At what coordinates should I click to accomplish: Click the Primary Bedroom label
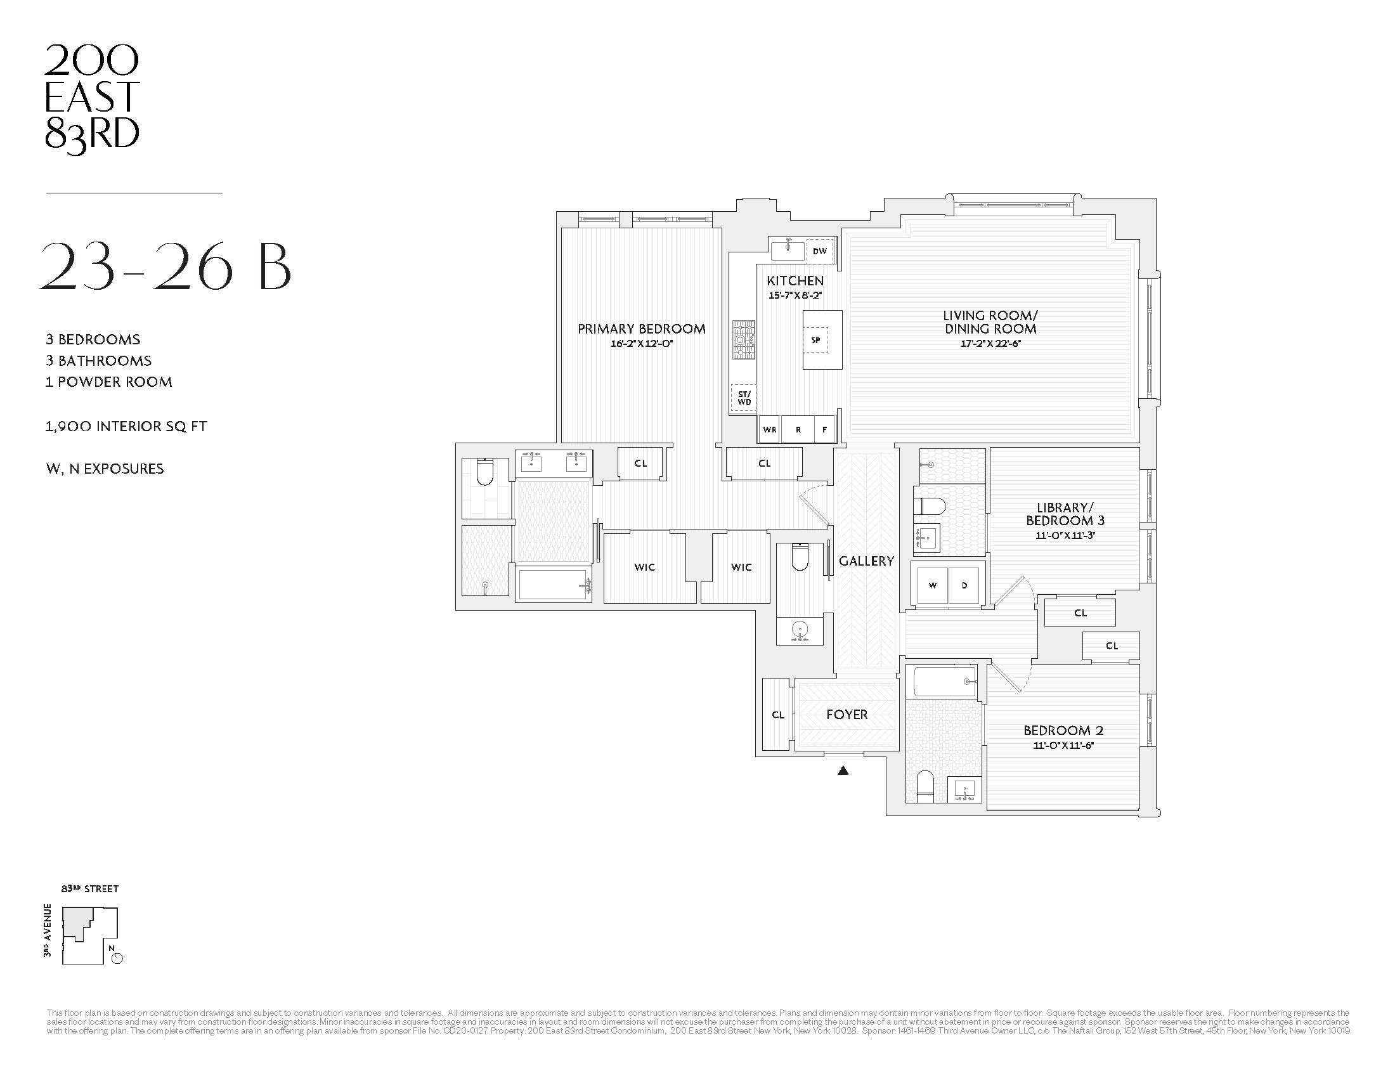641,329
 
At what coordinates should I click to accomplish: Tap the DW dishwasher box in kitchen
819,251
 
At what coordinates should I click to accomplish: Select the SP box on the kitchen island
815,340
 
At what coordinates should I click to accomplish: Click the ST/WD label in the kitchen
744,398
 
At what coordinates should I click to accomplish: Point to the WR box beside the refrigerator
770,430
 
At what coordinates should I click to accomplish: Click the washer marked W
932,585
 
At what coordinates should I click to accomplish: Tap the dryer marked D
964,585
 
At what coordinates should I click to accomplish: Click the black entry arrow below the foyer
843,771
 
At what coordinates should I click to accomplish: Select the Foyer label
847,715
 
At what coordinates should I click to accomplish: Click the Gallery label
866,561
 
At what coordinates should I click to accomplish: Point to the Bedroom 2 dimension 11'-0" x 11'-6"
1063,745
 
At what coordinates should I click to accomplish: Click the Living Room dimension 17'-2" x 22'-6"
990,344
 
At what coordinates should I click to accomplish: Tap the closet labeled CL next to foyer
777,715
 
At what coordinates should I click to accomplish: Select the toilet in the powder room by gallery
800,557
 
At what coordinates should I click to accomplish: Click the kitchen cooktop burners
743,341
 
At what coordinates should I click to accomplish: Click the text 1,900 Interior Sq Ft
126,427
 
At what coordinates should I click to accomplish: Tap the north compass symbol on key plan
116,958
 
